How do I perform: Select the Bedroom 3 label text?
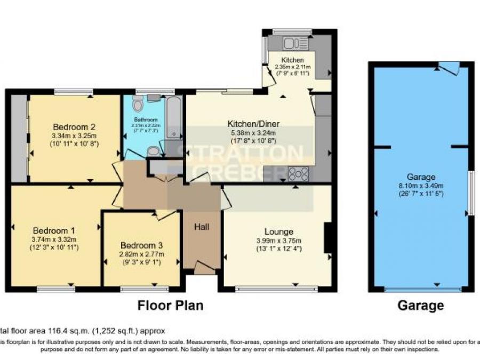click(141, 245)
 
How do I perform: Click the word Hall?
click(201, 227)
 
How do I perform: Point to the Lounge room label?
click(278, 231)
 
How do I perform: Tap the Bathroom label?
click(145, 119)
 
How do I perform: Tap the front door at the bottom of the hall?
click(203, 267)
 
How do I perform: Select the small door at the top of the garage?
click(449, 68)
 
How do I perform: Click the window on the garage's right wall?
click(470, 192)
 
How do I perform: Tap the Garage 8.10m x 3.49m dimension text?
click(421, 186)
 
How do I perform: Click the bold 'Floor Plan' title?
click(170, 306)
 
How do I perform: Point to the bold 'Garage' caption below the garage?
click(420, 306)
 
